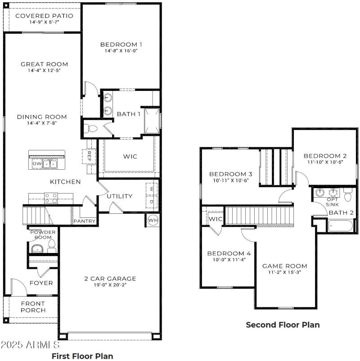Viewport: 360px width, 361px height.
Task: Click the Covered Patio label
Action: click(x=44, y=16)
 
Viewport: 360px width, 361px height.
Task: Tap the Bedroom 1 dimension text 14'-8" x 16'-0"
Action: click(x=121, y=51)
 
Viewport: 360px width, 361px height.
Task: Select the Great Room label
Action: click(x=44, y=64)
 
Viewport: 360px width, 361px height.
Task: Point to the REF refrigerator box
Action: click(x=89, y=156)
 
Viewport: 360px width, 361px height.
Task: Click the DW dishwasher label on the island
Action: click(x=36, y=163)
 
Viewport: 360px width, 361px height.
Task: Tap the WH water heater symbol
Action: click(x=153, y=220)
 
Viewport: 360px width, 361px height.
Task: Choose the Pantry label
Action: click(x=84, y=221)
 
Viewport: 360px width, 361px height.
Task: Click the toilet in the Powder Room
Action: click(x=51, y=245)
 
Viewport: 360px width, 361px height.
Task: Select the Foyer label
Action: click(x=41, y=283)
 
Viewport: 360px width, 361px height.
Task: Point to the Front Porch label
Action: click(x=33, y=307)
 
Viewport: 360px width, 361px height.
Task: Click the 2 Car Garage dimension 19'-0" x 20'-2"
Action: click(x=110, y=285)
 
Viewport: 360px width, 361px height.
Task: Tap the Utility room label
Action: click(x=119, y=196)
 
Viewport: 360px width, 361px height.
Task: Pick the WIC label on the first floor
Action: click(x=130, y=156)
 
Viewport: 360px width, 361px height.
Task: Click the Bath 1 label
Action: click(x=129, y=114)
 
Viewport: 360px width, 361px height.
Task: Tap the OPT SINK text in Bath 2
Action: click(x=333, y=202)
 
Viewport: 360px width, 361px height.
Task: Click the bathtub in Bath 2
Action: click(x=342, y=226)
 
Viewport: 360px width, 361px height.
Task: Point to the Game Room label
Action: click(x=284, y=266)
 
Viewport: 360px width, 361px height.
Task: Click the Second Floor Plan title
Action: click(x=283, y=325)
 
